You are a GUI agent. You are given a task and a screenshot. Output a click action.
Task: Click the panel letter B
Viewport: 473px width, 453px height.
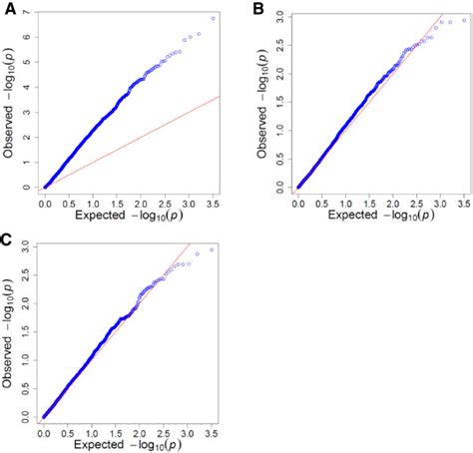coord(258,10)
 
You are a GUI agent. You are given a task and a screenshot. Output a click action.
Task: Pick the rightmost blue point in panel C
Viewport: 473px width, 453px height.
coord(212,249)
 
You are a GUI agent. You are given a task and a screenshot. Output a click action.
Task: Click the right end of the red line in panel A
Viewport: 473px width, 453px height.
coord(220,96)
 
